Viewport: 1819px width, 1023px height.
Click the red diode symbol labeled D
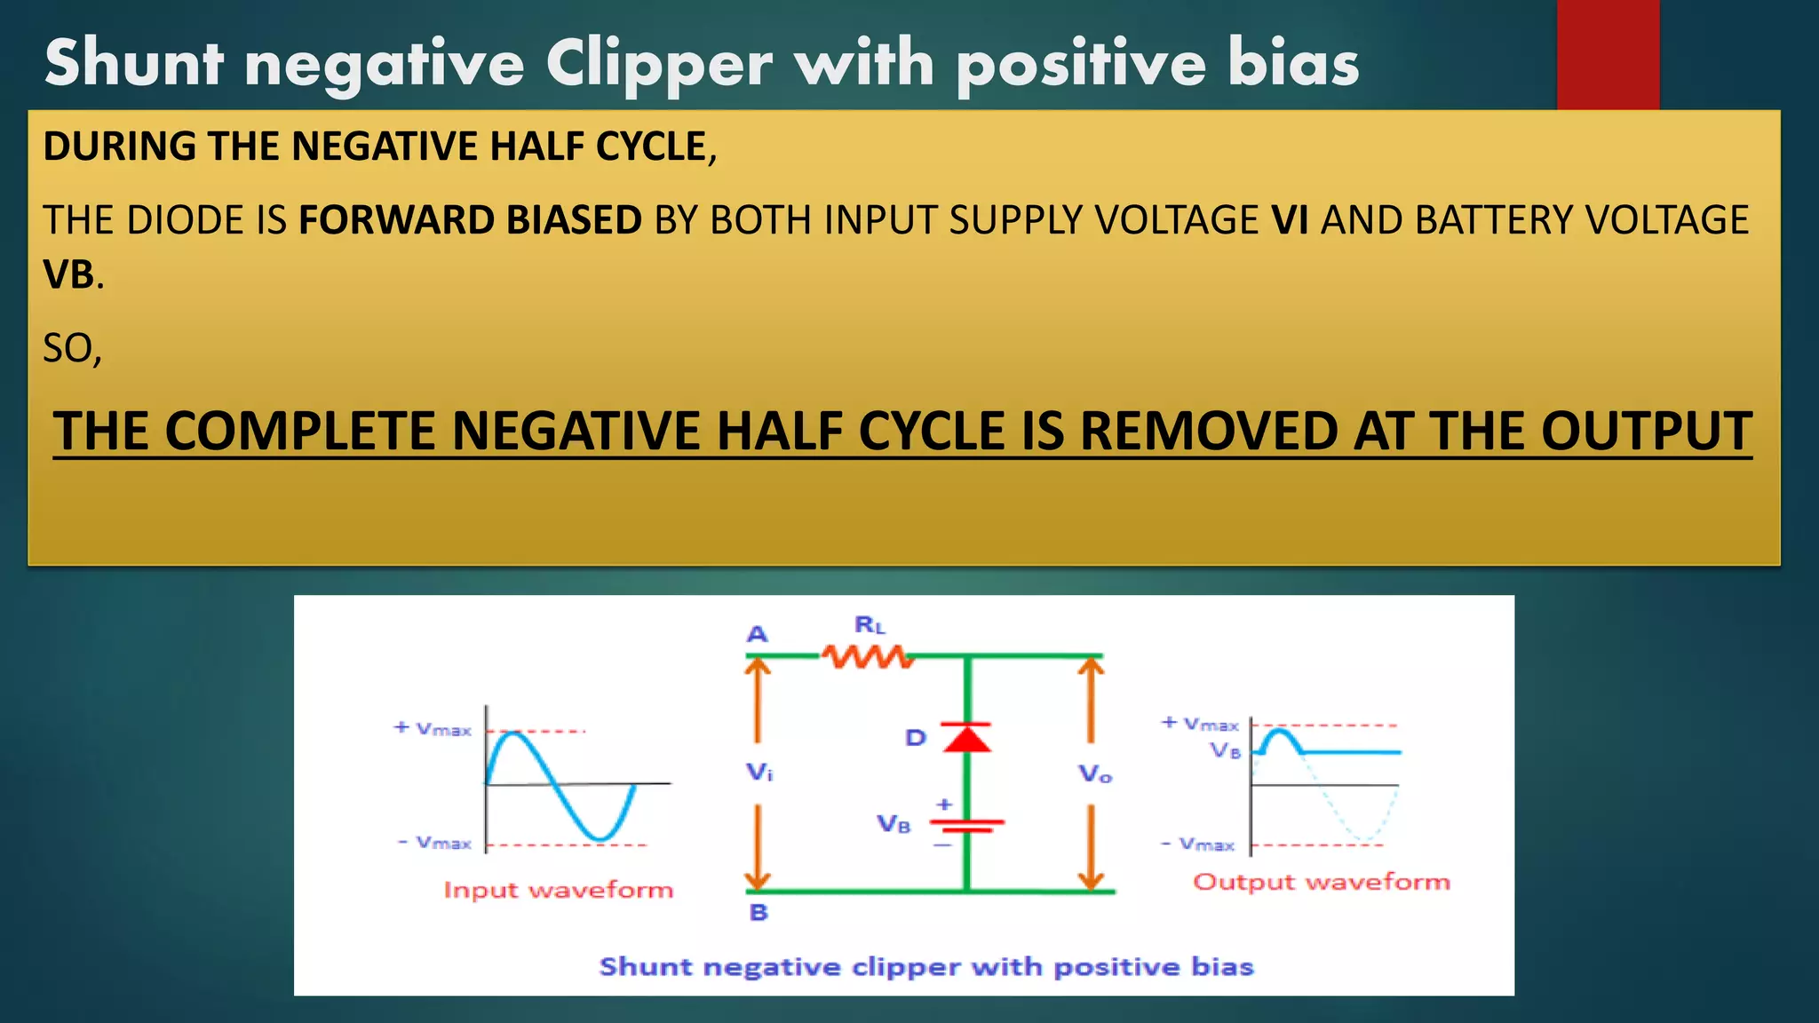tap(967, 737)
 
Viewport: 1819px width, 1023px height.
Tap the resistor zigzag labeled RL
tap(867, 656)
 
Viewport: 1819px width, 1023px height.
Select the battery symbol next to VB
tap(967, 825)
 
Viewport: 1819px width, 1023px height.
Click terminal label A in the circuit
tap(757, 634)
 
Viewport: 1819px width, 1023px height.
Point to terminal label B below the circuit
tap(759, 912)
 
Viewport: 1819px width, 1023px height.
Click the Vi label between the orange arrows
tap(759, 773)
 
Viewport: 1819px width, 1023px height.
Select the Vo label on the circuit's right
tap(1095, 774)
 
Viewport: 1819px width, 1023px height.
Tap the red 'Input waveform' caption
tap(558, 890)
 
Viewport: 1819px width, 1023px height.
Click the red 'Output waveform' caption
tap(1321, 882)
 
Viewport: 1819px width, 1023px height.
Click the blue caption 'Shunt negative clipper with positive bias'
tap(926, 966)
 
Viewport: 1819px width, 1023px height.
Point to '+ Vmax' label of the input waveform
tap(433, 729)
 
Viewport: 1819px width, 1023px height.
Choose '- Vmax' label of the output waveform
tap(1198, 844)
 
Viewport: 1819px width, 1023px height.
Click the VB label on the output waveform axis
tap(1226, 750)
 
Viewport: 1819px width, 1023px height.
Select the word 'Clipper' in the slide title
tap(658, 64)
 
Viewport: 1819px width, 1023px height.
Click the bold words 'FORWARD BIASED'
tap(470, 220)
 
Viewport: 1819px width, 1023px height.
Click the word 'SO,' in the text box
tap(73, 348)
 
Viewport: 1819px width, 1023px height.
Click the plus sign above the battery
tap(944, 804)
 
